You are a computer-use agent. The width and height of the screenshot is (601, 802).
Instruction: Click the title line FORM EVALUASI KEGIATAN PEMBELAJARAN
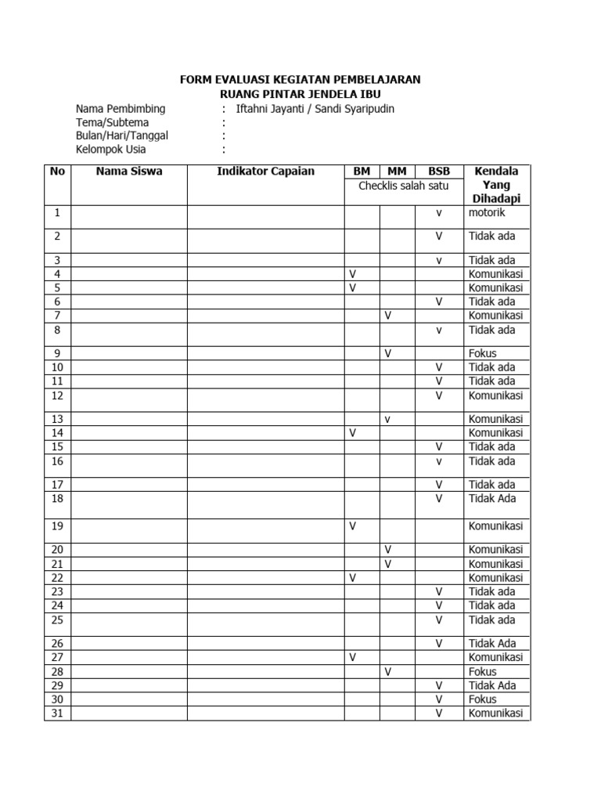pyautogui.click(x=300, y=80)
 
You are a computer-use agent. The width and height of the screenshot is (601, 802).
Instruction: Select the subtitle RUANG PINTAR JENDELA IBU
pyautogui.click(x=300, y=94)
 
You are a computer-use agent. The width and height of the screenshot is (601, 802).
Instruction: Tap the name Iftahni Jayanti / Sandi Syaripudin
pyautogui.click(x=315, y=109)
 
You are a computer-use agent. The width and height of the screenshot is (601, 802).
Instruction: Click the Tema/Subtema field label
pyautogui.click(x=112, y=122)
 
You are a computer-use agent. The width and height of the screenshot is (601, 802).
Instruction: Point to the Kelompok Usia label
pyautogui.click(x=110, y=149)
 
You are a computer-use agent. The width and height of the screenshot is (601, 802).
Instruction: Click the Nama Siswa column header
pyautogui.click(x=129, y=171)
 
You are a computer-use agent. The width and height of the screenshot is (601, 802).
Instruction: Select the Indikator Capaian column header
pyautogui.click(x=265, y=171)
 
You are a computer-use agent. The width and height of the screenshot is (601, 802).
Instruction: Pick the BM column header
pyautogui.click(x=362, y=171)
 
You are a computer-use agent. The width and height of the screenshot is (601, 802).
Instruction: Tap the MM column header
pyautogui.click(x=397, y=171)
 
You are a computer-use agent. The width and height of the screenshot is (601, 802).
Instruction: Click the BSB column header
pyautogui.click(x=439, y=171)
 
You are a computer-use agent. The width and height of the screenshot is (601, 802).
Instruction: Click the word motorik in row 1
pyautogui.click(x=487, y=212)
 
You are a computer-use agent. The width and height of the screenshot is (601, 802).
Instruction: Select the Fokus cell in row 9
pyautogui.click(x=482, y=353)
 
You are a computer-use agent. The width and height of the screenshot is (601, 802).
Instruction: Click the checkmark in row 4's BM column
pyautogui.click(x=352, y=273)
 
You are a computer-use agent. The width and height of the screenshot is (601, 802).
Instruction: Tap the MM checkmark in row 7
pyautogui.click(x=387, y=316)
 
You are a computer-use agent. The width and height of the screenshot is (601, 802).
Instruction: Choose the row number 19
pyautogui.click(x=57, y=526)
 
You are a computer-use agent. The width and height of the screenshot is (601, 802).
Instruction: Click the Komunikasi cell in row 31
pyautogui.click(x=495, y=713)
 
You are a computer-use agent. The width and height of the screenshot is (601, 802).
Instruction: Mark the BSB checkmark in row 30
pyautogui.click(x=439, y=699)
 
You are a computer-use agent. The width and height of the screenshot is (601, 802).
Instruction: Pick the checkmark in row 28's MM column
pyautogui.click(x=387, y=672)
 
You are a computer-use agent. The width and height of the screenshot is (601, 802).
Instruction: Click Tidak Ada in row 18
pyautogui.click(x=492, y=498)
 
